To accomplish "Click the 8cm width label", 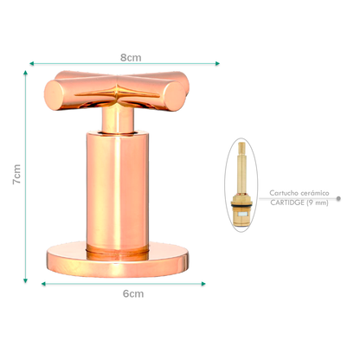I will click(x=131, y=57).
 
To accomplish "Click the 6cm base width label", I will click(x=132, y=294).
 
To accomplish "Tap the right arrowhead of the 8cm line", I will click(x=217, y=63).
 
